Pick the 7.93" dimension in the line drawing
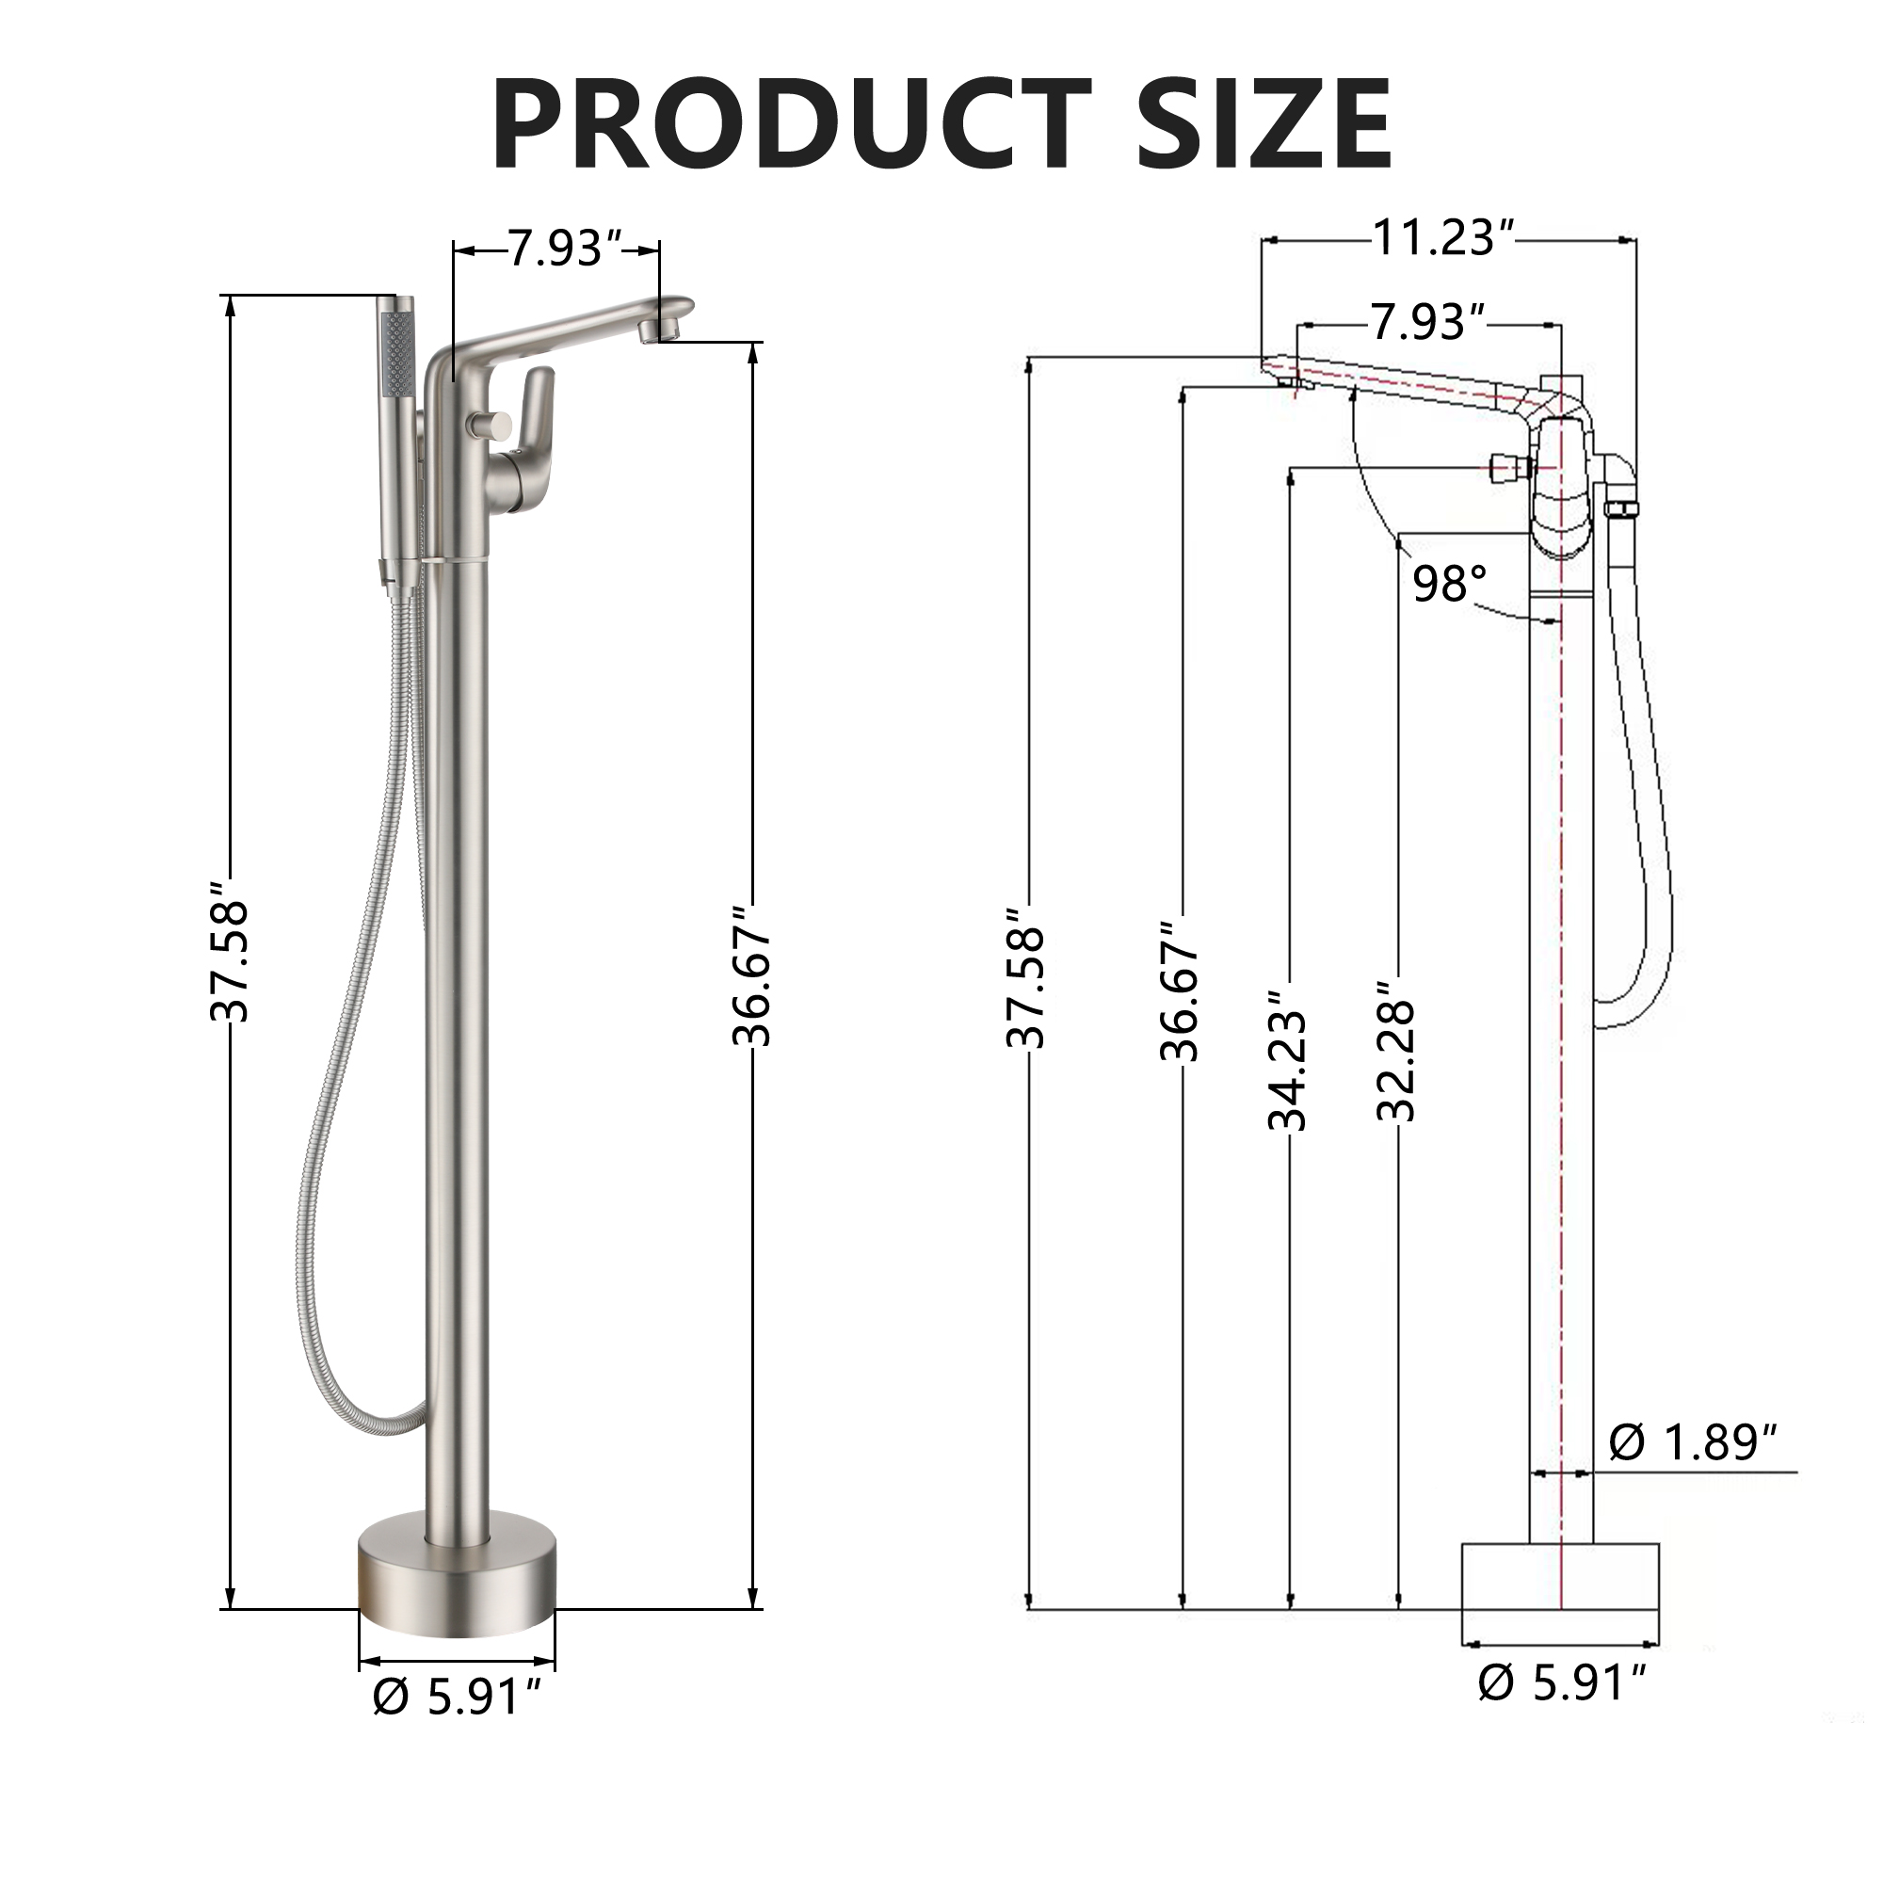click(x=1429, y=322)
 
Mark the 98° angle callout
click(x=1449, y=584)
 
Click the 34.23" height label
click(x=1287, y=1071)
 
